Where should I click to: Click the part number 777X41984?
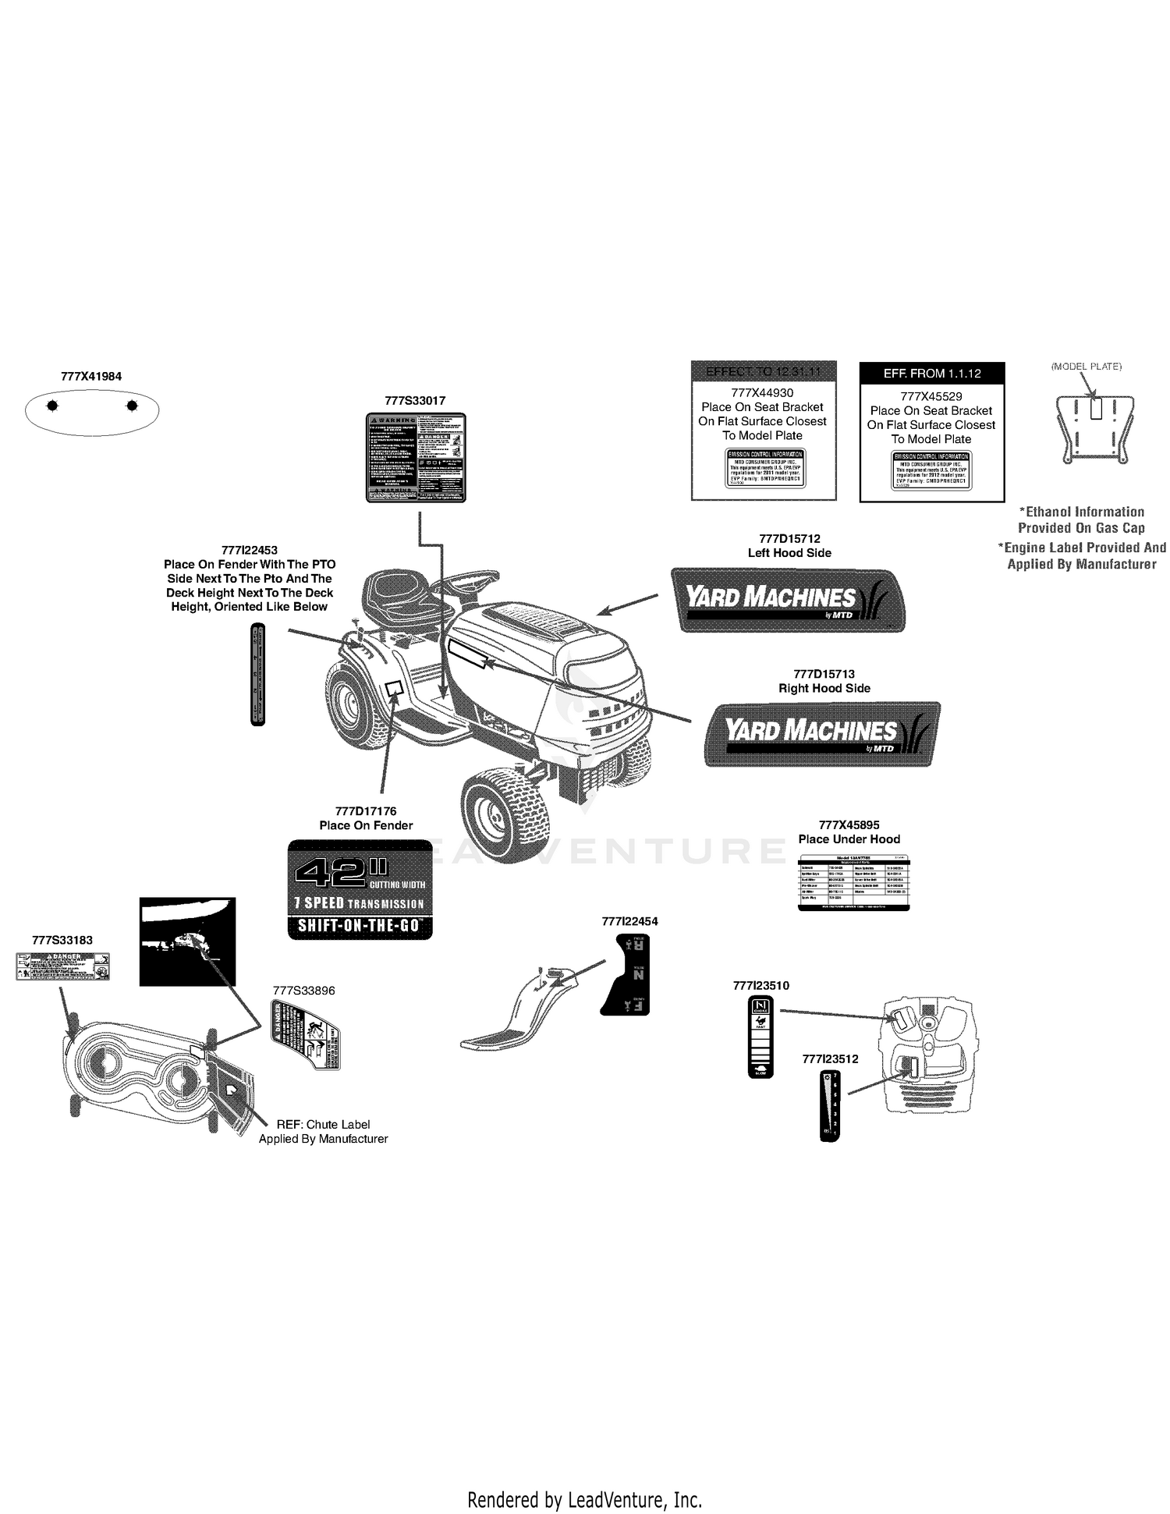coord(91,376)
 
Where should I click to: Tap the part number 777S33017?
coord(415,400)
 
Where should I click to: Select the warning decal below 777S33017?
coord(417,457)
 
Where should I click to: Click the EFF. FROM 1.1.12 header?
coord(931,374)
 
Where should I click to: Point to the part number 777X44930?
coord(762,393)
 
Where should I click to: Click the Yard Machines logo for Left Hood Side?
coord(788,600)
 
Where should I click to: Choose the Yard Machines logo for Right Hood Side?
coord(823,733)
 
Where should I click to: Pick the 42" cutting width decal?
coord(360,889)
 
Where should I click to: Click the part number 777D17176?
coord(366,811)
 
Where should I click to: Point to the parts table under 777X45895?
coord(854,882)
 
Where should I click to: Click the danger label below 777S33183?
coord(63,966)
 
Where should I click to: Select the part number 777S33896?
coord(303,991)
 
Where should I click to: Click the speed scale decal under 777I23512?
coord(830,1106)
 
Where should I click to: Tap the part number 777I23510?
coord(760,985)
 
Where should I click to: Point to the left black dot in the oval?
coord(52,406)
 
